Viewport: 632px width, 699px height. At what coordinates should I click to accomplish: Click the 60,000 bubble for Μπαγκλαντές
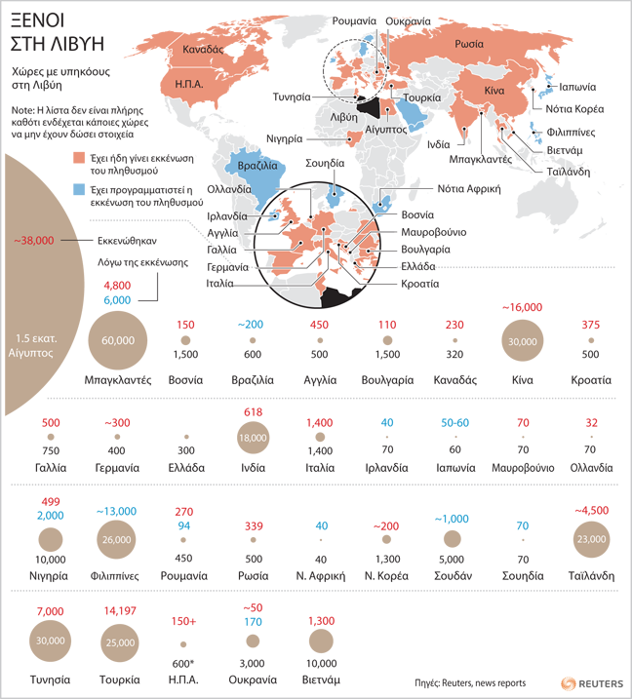pyautogui.click(x=118, y=339)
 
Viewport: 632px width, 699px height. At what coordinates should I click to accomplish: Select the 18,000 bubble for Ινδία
pyautogui.click(x=253, y=439)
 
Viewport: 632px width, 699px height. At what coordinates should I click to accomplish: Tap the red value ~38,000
pyautogui.click(x=38, y=240)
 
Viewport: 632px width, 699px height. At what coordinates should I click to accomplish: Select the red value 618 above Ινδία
pyautogui.click(x=253, y=412)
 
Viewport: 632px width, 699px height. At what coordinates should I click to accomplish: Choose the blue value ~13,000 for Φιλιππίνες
pyautogui.click(x=117, y=511)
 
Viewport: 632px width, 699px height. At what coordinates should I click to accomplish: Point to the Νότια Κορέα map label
pyautogui.click(x=574, y=107)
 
